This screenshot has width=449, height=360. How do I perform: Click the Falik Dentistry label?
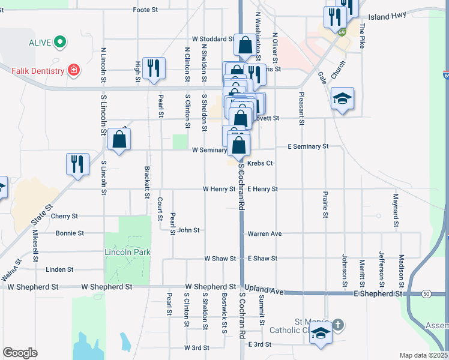(x=38, y=71)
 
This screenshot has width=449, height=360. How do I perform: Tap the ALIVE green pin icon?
(x=59, y=42)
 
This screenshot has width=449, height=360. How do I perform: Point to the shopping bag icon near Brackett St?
(x=119, y=139)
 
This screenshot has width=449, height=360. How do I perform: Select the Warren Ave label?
(x=264, y=233)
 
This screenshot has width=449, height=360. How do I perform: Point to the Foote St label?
(x=145, y=10)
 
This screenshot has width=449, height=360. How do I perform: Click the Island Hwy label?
(x=387, y=17)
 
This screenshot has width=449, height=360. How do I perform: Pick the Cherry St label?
(x=65, y=216)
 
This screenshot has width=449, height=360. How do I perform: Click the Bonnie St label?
(x=70, y=233)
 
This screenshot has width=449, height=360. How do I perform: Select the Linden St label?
(x=59, y=269)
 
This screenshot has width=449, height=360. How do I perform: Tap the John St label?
(x=188, y=230)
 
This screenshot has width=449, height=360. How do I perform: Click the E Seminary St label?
(x=308, y=146)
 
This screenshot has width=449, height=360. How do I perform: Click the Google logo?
(x=20, y=353)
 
